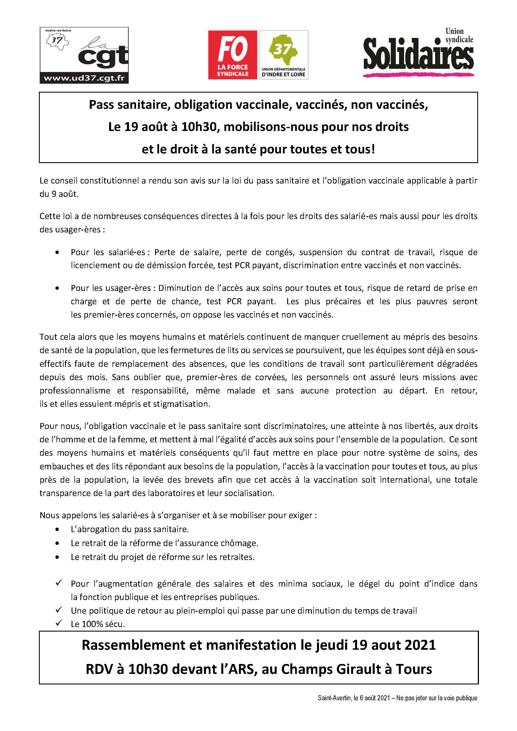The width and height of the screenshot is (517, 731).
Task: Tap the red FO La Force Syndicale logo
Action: pyautogui.click(x=232, y=55)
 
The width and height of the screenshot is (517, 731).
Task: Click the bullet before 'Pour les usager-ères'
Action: pyautogui.click(x=57, y=288)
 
